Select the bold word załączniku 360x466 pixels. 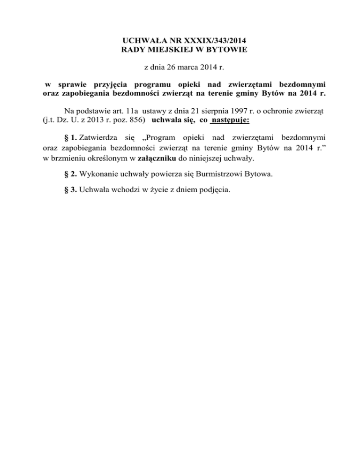click(x=158, y=158)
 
